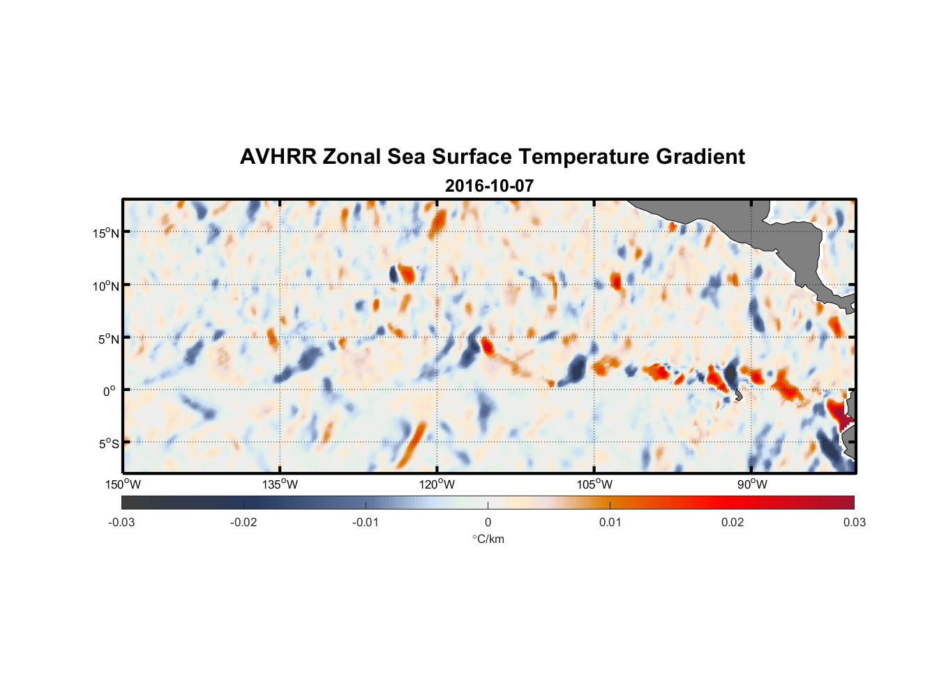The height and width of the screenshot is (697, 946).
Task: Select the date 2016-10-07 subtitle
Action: coord(489,186)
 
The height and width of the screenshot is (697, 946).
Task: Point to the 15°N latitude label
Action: coord(106,233)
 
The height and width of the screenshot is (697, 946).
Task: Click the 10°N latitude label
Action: coord(106,286)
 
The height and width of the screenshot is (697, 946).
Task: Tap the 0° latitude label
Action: coord(110,391)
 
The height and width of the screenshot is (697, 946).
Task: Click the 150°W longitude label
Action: coord(123,484)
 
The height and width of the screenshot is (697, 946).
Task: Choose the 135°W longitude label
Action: coord(280,484)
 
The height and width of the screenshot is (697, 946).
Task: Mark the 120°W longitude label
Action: coord(437,484)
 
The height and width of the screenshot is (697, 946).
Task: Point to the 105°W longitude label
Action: coord(594,484)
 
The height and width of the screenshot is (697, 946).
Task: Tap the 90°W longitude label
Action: coord(752,484)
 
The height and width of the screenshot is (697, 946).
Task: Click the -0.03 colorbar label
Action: coord(121,522)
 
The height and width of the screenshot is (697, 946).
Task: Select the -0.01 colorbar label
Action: coord(366,522)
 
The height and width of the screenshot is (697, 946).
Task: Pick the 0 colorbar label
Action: coord(488,522)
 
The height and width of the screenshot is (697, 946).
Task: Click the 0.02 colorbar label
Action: coord(733,522)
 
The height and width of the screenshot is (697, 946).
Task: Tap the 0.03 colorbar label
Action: coord(854,522)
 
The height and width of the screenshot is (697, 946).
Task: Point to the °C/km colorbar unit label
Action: coord(488,539)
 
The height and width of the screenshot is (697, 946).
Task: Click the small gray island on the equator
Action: coord(737,395)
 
